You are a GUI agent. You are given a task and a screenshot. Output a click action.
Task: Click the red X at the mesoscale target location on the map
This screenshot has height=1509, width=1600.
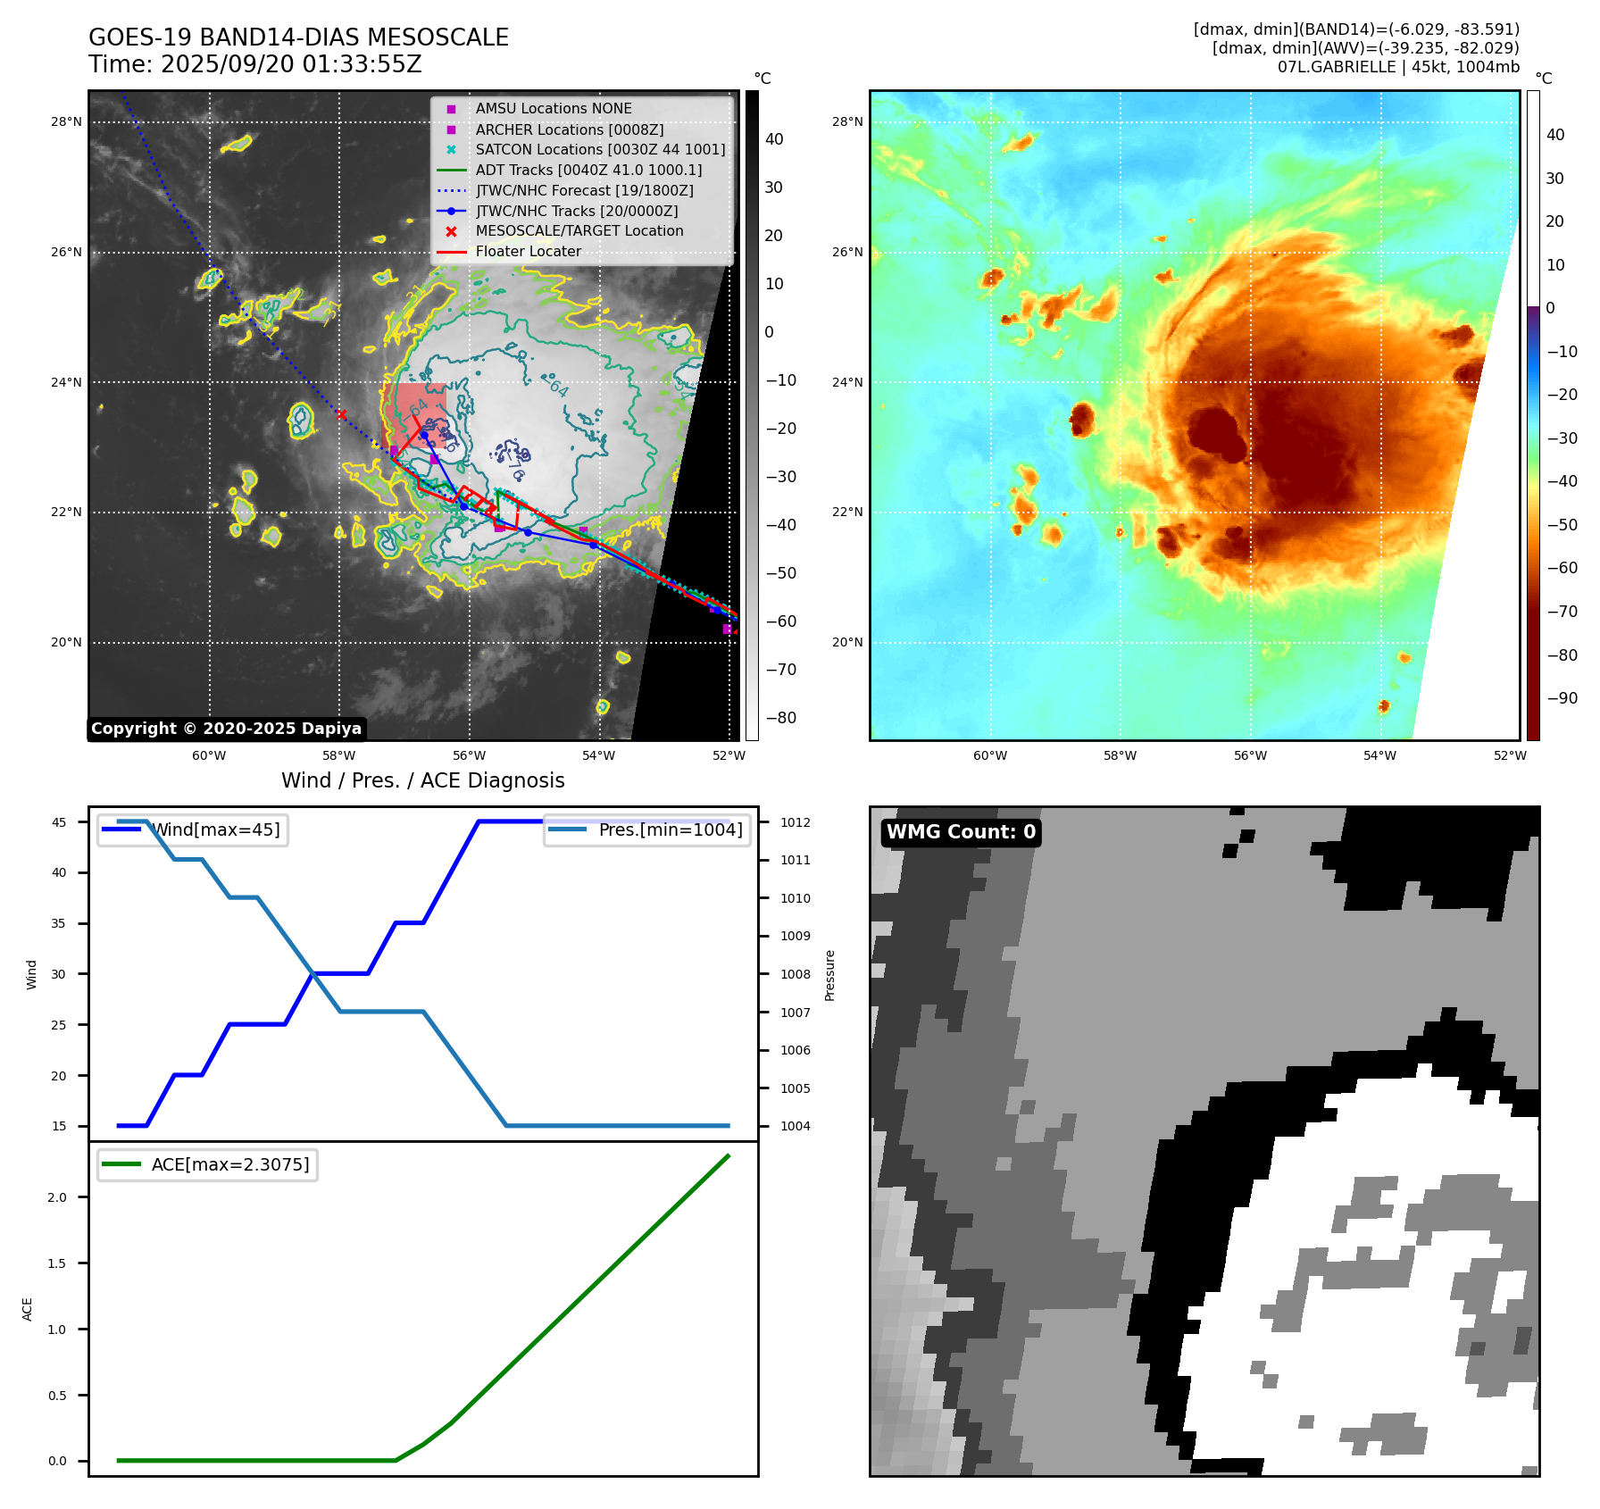(341, 414)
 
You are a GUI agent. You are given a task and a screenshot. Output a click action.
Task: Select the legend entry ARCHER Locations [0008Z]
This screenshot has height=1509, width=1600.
(569, 129)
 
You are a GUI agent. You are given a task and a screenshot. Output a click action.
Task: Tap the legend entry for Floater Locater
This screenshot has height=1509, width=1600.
(528, 252)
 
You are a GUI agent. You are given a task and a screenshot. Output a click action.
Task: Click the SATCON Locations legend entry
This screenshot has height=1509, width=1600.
(600, 150)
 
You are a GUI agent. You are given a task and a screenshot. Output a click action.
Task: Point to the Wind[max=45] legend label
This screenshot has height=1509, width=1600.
(215, 830)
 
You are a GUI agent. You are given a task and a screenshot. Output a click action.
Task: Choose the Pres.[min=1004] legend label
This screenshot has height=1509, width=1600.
(670, 830)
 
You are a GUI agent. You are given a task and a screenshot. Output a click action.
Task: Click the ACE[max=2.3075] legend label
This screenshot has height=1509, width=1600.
(230, 1164)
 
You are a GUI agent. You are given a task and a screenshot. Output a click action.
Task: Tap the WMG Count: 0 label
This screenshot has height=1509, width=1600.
(961, 832)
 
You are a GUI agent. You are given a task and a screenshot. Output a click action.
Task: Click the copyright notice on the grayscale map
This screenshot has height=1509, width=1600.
(226, 729)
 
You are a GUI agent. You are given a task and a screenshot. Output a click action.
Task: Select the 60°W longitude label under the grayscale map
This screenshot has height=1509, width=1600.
(209, 756)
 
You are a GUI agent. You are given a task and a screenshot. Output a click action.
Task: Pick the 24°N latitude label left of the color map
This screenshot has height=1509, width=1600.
(847, 382)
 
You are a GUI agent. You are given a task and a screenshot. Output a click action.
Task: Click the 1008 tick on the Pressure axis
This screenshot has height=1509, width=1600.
(795, 974)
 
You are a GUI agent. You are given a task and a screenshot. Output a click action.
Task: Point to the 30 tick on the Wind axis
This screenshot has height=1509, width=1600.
(59, 974)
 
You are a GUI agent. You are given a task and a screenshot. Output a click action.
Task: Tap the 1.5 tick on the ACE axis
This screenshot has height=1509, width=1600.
(57, 1263)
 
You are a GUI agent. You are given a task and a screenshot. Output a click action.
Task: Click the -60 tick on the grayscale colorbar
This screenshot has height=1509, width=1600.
(780, 621)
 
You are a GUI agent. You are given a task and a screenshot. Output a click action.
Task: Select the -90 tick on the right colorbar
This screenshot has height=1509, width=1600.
(1562, 698)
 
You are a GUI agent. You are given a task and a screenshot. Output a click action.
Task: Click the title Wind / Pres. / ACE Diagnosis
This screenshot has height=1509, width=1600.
(422, 780)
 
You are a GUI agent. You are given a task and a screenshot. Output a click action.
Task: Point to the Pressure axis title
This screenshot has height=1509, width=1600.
(829, 974)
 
